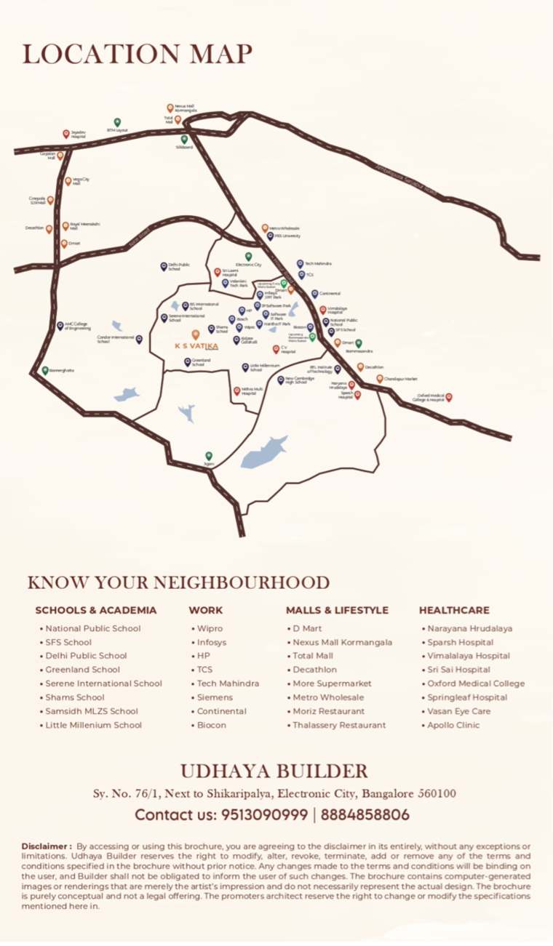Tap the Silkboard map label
(x=184, y=147)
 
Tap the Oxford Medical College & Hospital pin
(x=449, y=397)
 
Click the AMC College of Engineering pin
(x=60, y=326)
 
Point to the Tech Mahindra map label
(x=319, y=263)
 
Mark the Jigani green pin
(x=210, y=455)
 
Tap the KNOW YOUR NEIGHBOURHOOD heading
(x=178, y=582)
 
